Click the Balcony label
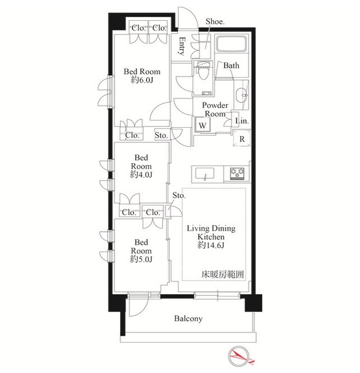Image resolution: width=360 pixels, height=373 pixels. pyautogui.click(x=188, y=318)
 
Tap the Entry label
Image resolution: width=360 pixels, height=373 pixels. pyautogui.click(x=182, y=46)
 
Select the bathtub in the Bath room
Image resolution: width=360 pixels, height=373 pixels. pyautogui.click(x=231, y=43)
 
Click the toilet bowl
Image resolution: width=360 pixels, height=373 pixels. pyautogui.click(x=202, y=71)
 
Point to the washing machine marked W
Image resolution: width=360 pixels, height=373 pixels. pyautogui.click(x=202, y=124)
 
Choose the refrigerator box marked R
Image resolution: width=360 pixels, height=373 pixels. pyautogui.click(x=241, y=138)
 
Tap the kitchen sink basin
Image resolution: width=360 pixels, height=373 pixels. pyautogui.click(x=205, y=173)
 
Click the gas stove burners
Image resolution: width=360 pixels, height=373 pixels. pyautogui.click(x=237, y=173)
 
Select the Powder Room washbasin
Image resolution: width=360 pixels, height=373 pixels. pyautogui.click(x=242, y=95)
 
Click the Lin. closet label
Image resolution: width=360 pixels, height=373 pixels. pyautogui.click(x=242, y=121)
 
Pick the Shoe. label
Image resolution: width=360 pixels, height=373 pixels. pyautogui.click(x=215, y=21)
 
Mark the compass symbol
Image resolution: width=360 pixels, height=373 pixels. pyautogui.click(x=239, y=356)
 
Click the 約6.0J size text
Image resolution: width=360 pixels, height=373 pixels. pyautogui.click(x=142, y=80)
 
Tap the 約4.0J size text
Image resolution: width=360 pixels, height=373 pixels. pyautogui.click(x=141, y=174)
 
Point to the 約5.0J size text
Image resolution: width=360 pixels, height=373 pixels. pyautogui.click(x=141, y=259)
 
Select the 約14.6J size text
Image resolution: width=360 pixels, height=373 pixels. pyautogui.click(x=211, y=245)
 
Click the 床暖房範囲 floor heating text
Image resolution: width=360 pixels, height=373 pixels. pyautogui.click(x=223, y=275)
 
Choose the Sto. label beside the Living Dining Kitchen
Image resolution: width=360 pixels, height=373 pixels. pyautogui.click(x=179, y=196)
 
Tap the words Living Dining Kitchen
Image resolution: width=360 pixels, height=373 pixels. pyautogui.click(x=211, y=233)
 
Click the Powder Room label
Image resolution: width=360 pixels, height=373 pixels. pyautogui.click(x=215, y=110)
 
